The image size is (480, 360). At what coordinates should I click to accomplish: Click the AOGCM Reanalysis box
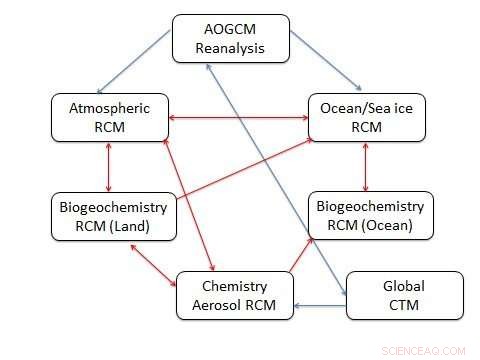click(231, 37)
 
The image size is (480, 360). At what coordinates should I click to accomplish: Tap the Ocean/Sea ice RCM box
click(366, 116)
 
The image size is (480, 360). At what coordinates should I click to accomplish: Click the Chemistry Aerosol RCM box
click(234, 295)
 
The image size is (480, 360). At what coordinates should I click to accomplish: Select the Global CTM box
click(404, 295)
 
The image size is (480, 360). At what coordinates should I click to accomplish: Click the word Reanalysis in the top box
click(231, 47)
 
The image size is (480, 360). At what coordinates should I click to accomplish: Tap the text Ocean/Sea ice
click(366, 107)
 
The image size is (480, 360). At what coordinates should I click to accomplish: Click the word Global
click(404, 286)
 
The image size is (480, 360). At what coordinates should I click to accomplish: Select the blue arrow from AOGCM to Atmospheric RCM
click(136, 60)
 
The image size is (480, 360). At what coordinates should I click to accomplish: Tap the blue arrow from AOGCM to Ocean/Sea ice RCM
click(326, 60)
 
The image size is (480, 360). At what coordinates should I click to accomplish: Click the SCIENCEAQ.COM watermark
click(423, 350)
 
